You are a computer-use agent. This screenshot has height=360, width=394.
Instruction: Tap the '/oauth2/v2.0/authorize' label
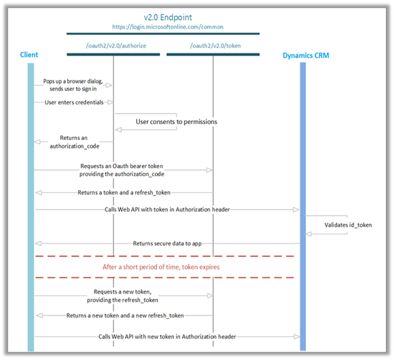tap(113, 46)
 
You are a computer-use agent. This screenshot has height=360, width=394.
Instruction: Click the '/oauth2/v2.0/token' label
tap(213, 46)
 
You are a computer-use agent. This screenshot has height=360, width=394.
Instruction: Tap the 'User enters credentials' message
tap(74, 102)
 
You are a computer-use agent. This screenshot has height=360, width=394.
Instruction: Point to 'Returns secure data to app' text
tap(167, 243)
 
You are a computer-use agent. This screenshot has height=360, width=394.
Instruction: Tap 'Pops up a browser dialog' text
tap(78, 82)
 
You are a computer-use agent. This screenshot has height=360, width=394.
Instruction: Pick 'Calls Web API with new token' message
tap(167, 336)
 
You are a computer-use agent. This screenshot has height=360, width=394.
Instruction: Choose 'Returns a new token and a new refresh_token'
tap(125, 315)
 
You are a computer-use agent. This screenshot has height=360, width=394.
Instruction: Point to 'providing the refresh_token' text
tap(124, 300)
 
